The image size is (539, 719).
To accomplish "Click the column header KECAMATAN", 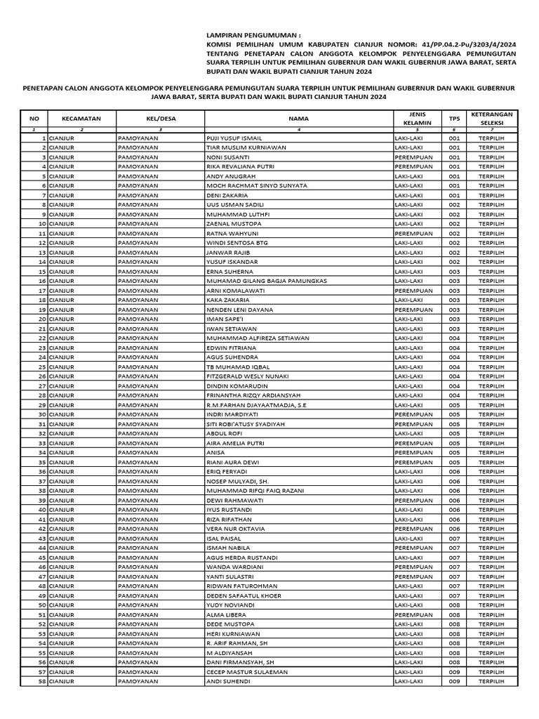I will pos(81,119).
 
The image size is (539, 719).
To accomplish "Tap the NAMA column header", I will pos(298,119).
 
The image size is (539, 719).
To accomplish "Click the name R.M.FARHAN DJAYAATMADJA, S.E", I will pos(256,404).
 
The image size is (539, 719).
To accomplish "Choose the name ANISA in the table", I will pos(215,452).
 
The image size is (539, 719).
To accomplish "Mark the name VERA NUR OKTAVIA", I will pos(235,528).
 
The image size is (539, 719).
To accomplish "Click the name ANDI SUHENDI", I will pos(228,680).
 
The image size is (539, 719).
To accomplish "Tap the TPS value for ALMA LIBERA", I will pos(454,614).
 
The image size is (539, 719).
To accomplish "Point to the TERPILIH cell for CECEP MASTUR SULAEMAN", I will pos(491,671).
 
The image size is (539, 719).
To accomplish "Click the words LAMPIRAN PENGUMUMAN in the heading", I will pos(253,34).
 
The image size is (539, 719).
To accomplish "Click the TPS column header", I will pos(454,119).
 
